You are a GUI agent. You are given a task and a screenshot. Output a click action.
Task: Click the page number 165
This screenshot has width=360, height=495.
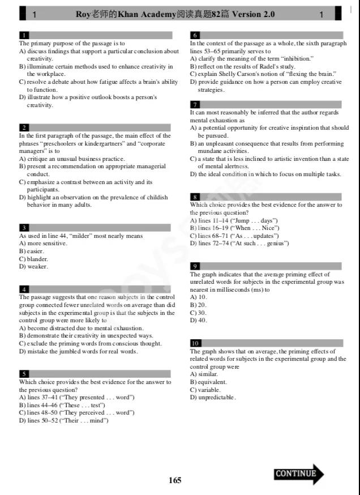(x=175, y=480)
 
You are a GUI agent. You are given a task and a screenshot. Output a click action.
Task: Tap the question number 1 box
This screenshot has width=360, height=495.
(x=24, y=35)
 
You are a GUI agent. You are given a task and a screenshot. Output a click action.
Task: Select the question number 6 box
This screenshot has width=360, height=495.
(x=195, y=35)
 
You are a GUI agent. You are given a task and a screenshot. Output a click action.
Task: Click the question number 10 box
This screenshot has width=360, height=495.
(x=195, y=343)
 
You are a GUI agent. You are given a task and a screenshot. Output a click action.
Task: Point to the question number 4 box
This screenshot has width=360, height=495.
(x=24, y=289)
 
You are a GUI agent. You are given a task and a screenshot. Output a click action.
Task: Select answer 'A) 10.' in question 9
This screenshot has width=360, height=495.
(x=199, y=297)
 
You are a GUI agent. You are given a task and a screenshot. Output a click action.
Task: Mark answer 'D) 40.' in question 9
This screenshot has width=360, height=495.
(x=199, y=320)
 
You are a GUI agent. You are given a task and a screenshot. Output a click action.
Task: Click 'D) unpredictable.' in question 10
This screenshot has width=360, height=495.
(x=213, y=397)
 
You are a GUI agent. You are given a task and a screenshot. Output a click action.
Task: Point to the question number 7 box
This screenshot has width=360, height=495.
(x=195, y=104)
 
